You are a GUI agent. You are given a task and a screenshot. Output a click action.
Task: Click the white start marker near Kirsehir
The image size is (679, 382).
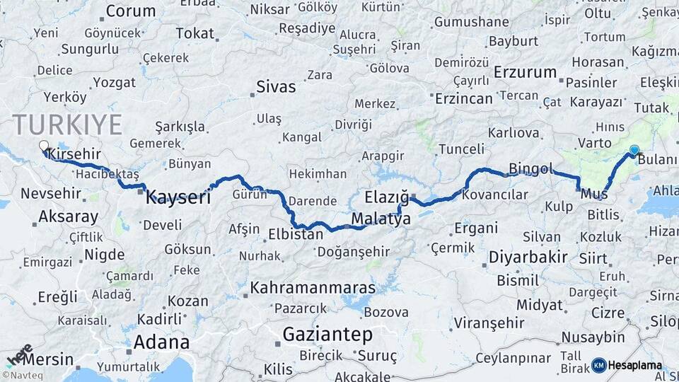coord(44,146)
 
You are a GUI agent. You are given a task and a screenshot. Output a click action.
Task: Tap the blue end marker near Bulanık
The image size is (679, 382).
coord(634,150)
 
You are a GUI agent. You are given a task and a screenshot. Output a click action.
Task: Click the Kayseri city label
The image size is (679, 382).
coord(178,197)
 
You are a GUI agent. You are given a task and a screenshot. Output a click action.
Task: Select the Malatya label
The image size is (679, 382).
coord(381,219)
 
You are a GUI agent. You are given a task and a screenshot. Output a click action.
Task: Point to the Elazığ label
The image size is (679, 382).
coord(387,197)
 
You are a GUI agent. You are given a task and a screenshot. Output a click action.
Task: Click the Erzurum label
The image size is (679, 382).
coord(526,72)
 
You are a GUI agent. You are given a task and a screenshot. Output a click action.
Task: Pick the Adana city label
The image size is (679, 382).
coord(161,342)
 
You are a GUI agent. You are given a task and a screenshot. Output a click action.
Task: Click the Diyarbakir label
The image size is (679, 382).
coord(528,256)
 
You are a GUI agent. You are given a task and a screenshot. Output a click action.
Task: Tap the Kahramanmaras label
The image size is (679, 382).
coord(313,289)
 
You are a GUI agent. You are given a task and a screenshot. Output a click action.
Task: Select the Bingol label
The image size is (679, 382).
coord(530,169)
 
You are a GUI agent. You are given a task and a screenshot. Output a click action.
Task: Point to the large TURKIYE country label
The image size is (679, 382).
coord(67,125)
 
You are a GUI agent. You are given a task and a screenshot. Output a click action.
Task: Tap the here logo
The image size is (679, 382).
coord(19,354)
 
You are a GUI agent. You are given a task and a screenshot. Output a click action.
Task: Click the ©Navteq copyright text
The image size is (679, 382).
coord(21,375)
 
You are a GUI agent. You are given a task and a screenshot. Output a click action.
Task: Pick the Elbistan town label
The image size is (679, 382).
coord(296,233)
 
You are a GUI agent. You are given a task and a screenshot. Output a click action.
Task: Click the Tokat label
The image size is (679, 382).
coord(195,33)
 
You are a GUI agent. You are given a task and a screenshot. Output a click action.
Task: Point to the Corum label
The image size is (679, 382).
coord(131,11)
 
